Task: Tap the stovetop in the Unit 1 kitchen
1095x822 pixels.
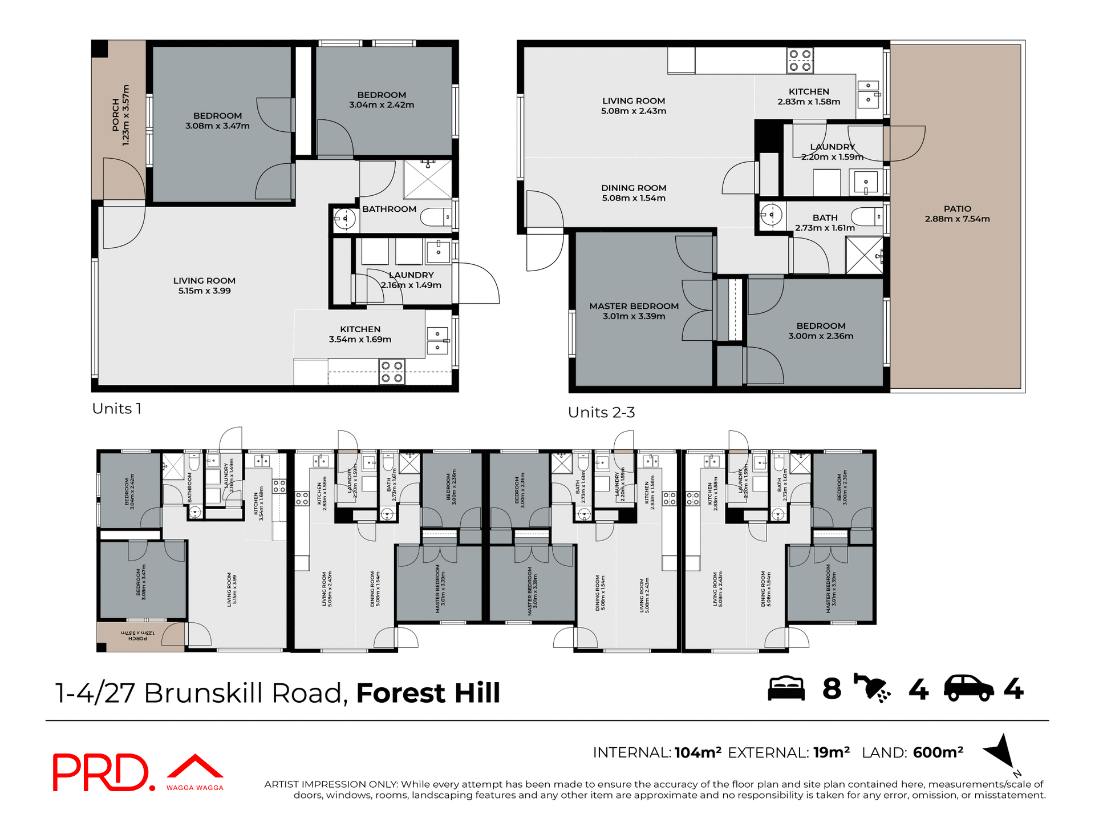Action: tap(392, 372)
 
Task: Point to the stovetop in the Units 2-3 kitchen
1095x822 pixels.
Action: tap(800, 61)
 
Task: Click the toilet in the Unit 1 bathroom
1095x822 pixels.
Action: tap(436, 217)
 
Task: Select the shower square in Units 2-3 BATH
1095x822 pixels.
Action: tap(863, 255)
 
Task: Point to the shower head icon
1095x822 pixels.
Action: tap(871, 687)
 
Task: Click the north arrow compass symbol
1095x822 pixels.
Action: tap(1001, 751)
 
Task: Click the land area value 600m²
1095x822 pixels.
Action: tap(938, 752)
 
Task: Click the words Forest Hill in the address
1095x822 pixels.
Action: tap(428, 693)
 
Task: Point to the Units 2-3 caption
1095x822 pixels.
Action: tap(601, 412)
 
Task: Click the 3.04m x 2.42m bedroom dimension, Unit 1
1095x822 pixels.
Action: tap(382, 105)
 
